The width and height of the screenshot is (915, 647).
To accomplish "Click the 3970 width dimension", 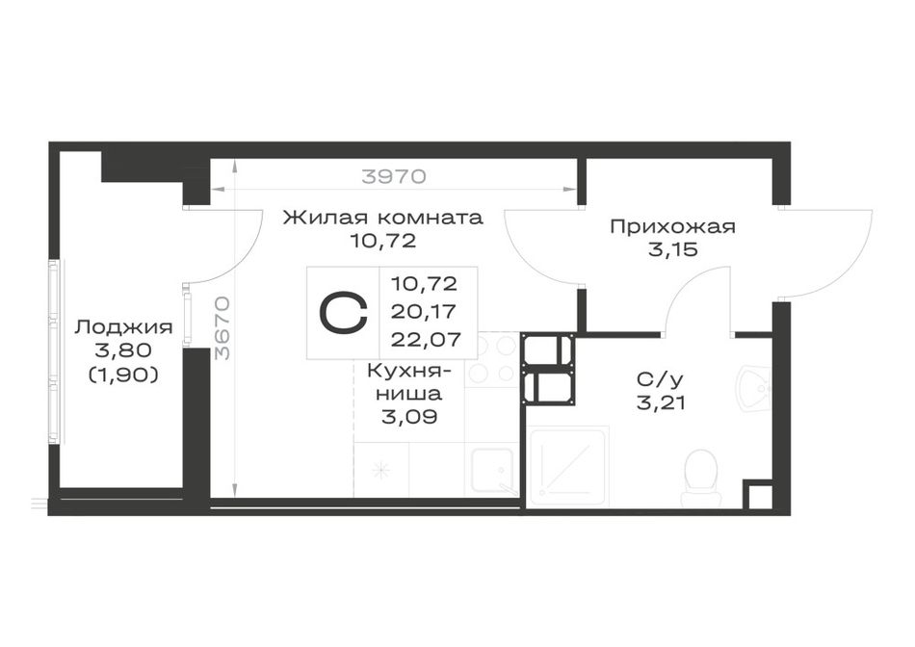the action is [393, 175].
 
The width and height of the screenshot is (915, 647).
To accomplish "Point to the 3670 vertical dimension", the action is [222, 328].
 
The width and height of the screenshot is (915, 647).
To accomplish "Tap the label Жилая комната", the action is [382, 218].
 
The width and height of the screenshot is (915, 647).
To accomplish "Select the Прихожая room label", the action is [672, 226].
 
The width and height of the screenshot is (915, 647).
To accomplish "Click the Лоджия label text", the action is [123, 327].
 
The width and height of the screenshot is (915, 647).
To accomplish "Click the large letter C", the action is [343, 313].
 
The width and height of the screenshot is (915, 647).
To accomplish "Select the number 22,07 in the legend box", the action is [426, 339].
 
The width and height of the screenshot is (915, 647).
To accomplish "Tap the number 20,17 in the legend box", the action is [424, 312].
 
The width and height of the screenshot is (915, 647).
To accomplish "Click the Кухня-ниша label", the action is [409, 382].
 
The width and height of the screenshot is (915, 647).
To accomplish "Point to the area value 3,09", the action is [409, 417].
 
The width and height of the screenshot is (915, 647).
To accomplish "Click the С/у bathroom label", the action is [660, 380].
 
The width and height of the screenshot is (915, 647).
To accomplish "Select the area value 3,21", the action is [661, 402].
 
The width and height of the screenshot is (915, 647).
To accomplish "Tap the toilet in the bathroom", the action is [702, 478].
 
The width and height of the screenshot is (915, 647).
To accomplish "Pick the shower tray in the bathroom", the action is [567, 466].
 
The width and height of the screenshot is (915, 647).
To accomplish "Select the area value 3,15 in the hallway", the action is [672, 249].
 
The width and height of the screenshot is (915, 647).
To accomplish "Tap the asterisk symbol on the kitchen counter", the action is [380, 470].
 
